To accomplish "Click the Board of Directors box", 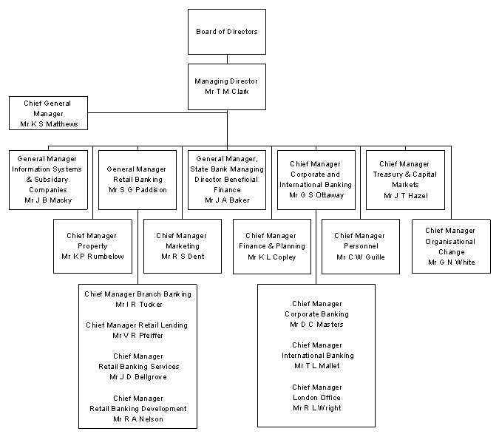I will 227,32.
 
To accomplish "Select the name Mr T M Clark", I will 227,91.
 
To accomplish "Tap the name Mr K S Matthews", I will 49,123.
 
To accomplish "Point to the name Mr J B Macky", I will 49,200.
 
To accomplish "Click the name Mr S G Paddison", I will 137,189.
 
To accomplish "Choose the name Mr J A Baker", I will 227,200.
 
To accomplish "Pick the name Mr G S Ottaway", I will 316,194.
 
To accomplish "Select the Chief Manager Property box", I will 92,246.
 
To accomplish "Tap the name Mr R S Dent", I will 183,256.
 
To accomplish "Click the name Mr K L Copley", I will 272,257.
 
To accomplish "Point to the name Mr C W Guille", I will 361,257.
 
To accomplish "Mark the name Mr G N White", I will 451,262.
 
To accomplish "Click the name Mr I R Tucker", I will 138,304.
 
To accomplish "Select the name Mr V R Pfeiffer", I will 138,335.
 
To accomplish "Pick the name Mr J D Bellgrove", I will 138,376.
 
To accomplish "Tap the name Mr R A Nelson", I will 138,419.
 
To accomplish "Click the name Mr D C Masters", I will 316,324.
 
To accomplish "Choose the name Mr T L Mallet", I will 316,365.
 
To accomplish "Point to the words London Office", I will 316,397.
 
